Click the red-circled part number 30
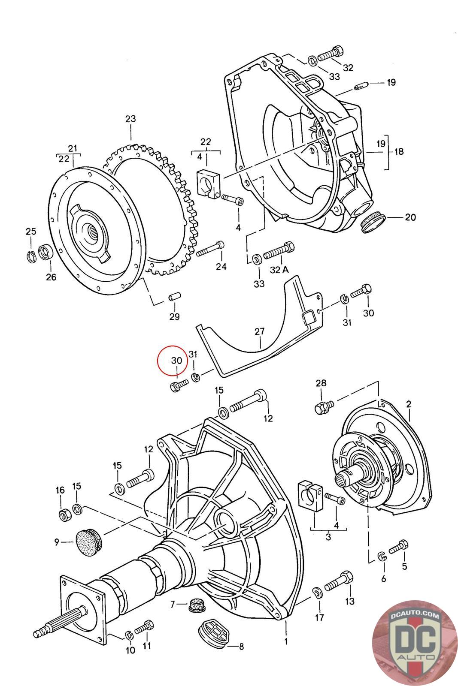click(x=176, y=361)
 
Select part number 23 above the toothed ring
click(x=130, y=119)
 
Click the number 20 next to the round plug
click(x=410, y=217)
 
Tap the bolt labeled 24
click(x=211, y=249)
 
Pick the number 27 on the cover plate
click(x=259, y=331)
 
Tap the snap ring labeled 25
click(x=30, y=256)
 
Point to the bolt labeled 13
click(x=339, y=582)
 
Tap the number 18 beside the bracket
click(x=399, y=151)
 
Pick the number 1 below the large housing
click(x=285, y=642)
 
